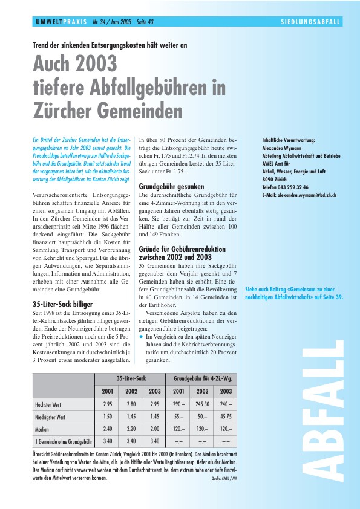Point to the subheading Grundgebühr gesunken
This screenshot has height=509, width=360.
click(x=171, y=186)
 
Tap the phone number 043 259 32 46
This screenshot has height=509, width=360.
click(x=294, y=187)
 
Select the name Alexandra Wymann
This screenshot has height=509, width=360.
click(x=282, y=147)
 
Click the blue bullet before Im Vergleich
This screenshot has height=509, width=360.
click(x=141, y=336)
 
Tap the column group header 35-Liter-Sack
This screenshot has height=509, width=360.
click(x=131, y=378)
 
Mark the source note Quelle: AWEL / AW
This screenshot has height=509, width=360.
click(x=223, y=479)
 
